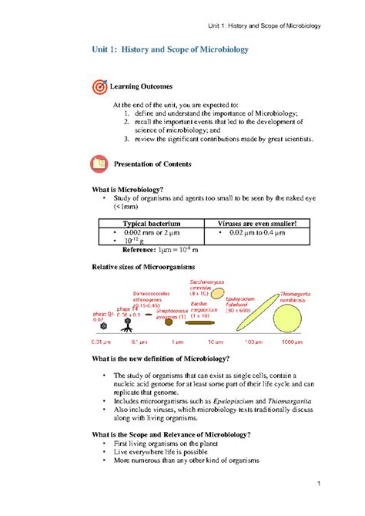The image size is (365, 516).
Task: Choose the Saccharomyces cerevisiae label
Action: [205, 287]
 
